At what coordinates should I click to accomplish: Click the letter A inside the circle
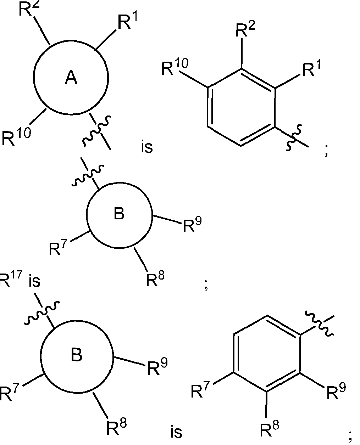click(71, 78)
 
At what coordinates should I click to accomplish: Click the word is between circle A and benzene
click(146, 147)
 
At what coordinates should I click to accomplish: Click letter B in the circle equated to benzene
click(77, 355)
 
